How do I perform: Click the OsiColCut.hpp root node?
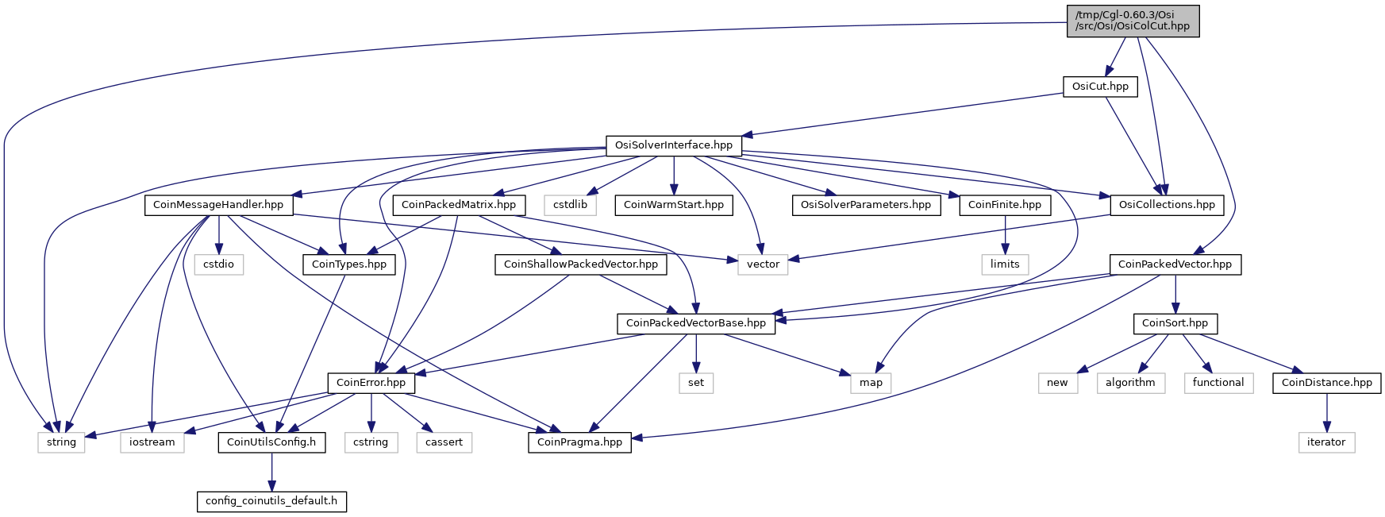pyautogui.click(x=1133, y=21)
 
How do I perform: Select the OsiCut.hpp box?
pyautogui.click(x=1100, y=87)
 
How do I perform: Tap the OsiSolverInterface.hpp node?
pyautogui.click(x=674, y=145)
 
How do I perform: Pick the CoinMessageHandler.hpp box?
pyautogui.click(x=218, y=205)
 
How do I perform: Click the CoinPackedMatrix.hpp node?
pyautogui.click(x=459, y=205)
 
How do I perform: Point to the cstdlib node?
pyautogui.click(x=571, y=205)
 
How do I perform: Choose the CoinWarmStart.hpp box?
pyautogui.click(x=674, y=205)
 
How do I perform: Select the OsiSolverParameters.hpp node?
pyautogui.click(x=866, y=205)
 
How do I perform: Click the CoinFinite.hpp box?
pyautogui.click(x=1005, y=205)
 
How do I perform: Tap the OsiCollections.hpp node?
pyautogui.click(x=1167, y=205)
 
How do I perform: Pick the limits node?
pyautogui.click(x=1005, y=264)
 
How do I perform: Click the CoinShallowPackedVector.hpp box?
pyautogui.click(x=581, y=264)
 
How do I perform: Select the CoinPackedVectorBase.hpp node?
pyautogui.click(x=696, y=323)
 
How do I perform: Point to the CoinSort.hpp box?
pyautogui.click(x=1175, y=323)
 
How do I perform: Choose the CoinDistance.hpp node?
pyautogui.click(x=1327, y=383)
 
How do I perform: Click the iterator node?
pyautogui.click(x=1326, y=442)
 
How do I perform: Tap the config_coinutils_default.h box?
pyautogui.click(x=271, y=501)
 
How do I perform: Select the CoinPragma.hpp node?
pyautogui.click(x=580, y=442)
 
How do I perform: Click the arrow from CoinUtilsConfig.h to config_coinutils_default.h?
pyautogui.click(x=271, y=472)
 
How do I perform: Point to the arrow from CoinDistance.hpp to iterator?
pyautogui.click(x=1326, y=413)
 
